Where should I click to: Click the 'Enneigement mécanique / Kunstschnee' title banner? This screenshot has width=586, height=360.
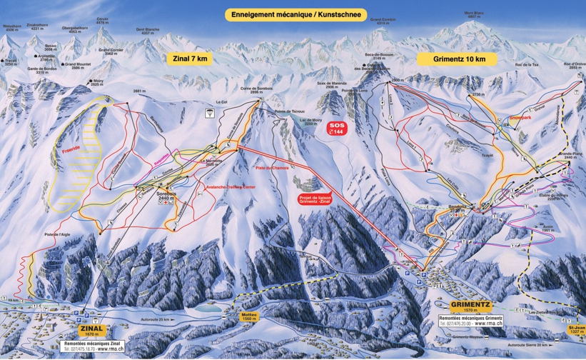coord(295,14)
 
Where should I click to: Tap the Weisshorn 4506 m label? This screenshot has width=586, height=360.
coord(12,29)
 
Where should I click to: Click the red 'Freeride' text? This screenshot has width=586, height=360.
coord(70,150)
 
